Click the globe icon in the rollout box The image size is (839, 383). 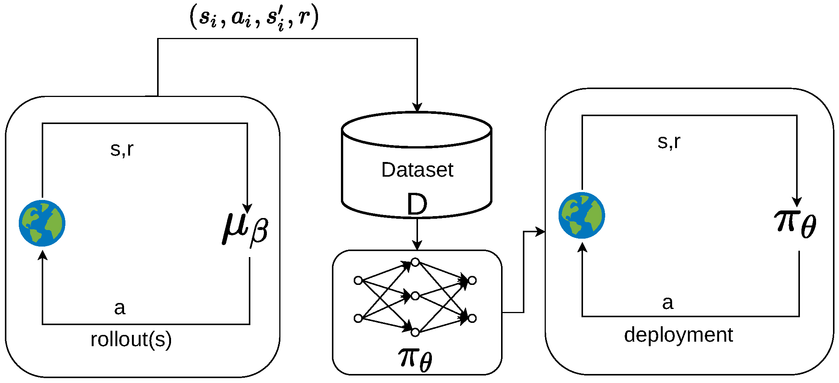click(42, 223)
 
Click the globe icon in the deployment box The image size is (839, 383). click(582, 215)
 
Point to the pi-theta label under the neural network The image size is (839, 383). click(415, 358)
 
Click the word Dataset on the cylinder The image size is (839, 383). click(417, 170)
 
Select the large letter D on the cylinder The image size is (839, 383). click(417, 204)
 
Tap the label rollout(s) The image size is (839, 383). click(131, 339)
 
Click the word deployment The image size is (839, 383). click(678, 335)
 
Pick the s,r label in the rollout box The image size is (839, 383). click(122, 149)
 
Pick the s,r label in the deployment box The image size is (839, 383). click(669, 142)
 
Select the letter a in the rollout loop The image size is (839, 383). click(120, 308)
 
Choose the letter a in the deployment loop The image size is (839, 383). click(668, 303)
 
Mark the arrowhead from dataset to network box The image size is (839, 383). click(417, 245)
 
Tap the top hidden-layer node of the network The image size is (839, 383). click(415, 262)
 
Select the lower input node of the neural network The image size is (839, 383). click(358, 318)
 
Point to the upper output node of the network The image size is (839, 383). click(472, 280)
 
